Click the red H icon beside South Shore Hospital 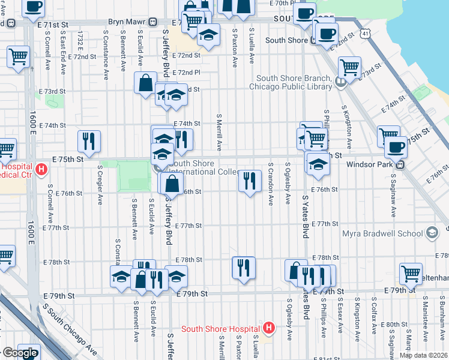[x=269, y=328]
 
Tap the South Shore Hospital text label [x=221, y=328]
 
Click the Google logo [x=20, y=352]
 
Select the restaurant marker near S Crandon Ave [x=250, y=181]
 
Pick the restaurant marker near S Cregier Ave [x=89, y=141]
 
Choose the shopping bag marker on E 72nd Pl [x=146, y=83]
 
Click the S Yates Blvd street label [x=306, y=216]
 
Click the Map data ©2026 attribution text [x=423, y=355]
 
